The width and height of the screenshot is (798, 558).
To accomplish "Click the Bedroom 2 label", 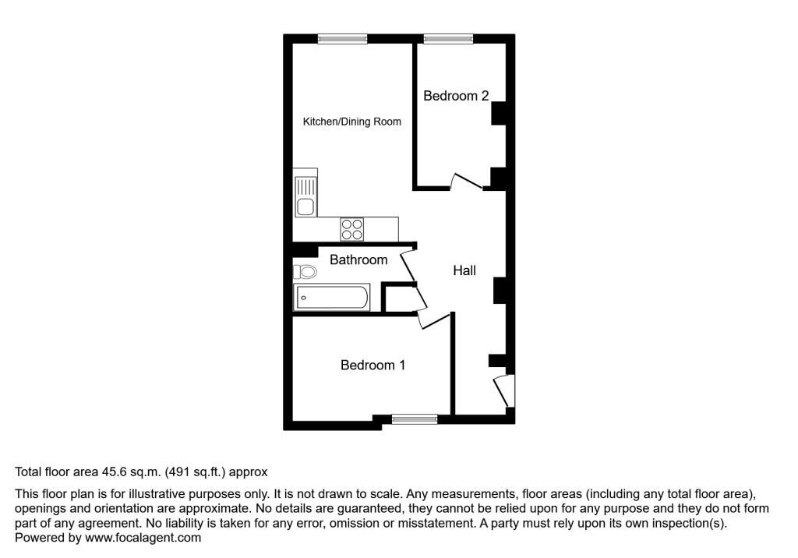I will pos(456,96).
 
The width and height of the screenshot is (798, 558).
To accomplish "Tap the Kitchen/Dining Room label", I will pos(351,122).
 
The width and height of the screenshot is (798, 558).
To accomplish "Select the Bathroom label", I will pos(358,260).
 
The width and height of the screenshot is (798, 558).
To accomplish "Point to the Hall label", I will pos(464,270).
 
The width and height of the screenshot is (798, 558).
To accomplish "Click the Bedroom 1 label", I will pos(373,365).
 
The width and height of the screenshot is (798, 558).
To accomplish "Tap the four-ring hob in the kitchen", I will pos(351,229).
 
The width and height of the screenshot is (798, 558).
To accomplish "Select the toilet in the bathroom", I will pos(305,272).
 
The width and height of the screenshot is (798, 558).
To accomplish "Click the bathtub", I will pos(331,298).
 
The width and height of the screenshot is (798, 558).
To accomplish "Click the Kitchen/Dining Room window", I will pos(342,38).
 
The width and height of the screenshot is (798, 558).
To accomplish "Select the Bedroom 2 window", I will pos(448,38).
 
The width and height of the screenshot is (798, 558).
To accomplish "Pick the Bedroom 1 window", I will pos(414,419).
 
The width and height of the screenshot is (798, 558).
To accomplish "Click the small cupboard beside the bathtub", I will pos(397,298).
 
